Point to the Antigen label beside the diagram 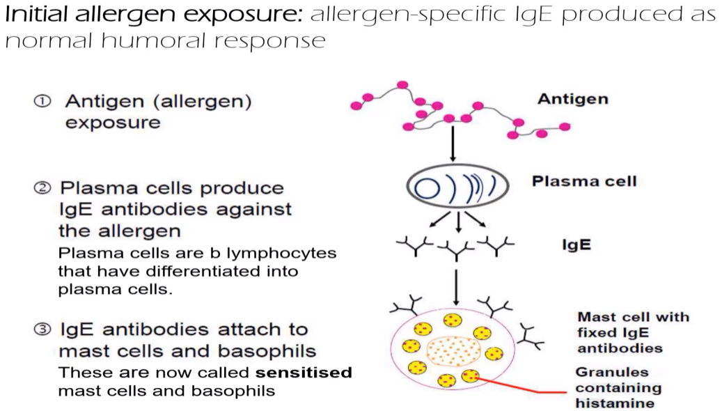(572, 99)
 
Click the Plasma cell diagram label (583, 181)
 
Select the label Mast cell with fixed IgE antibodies (634, 332)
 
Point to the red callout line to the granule (515, 387)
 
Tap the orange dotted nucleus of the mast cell (455, 351)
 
